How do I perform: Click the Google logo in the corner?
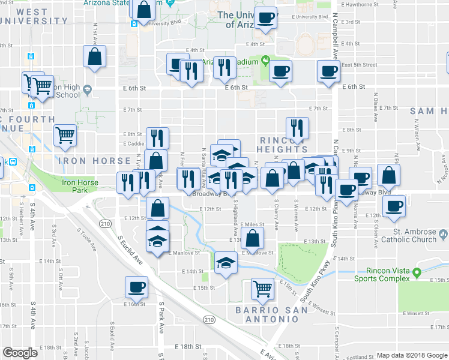tap(20, 353)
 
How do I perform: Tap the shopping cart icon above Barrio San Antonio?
tap(262, 289)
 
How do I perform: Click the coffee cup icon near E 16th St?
tap(136, 286)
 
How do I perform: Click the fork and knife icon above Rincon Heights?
tap(297, 127)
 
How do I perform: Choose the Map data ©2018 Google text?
tap(412, 355)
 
